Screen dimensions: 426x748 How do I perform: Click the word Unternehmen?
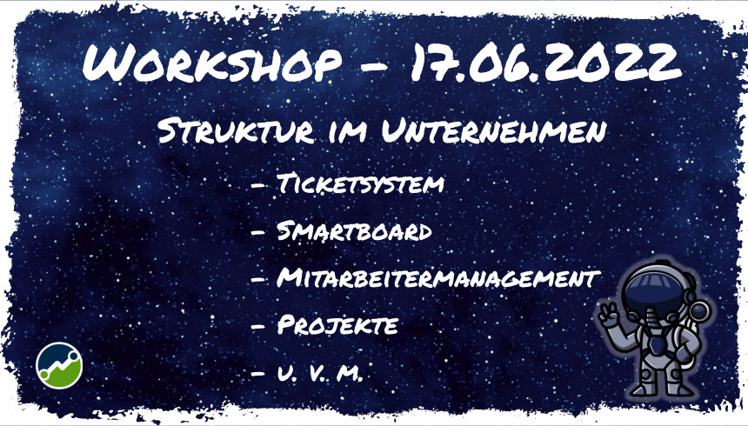coord(491,133)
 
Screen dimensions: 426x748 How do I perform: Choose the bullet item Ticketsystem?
coord(360,184)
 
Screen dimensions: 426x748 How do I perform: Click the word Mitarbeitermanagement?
coord(437,279)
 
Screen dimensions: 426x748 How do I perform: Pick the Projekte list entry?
coord(337,326)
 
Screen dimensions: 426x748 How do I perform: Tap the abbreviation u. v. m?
coord(317,374)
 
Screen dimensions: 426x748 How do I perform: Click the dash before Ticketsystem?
coord(258,185)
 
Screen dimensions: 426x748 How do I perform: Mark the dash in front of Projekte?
coord(258,327)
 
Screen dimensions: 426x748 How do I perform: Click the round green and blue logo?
coord(59,365)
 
